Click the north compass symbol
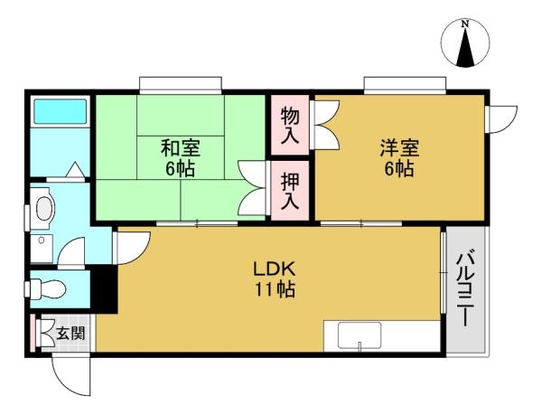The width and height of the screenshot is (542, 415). pyautogui.click(x=465, y=43)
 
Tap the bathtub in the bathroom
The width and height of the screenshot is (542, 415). pyautogui.click(x=61, y=112)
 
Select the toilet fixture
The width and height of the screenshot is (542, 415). pyautogui.click(x=47, y=288)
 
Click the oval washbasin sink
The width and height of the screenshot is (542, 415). pyautogui.click(x=45, y=209)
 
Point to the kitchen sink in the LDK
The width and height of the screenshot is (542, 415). pyautogui.click(x=360, y=335)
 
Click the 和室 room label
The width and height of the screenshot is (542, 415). pyautogui.click(x=180, y=147)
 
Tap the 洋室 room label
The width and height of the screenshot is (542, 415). pyautogui.click(x=399, y=147)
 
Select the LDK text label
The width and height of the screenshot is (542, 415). pyautogui.click(x=274, y=269)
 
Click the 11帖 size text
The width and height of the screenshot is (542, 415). pyautogui.click(x=275, y=289)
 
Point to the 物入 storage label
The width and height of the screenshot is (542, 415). pyautogui.click(x=290, y=125)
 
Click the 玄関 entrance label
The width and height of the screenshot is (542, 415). pyautogui.click(x=70, y=333)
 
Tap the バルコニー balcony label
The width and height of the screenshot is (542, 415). pyautogui.click(x=465, y=288)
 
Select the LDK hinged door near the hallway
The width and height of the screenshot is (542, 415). pyautogui.click(x=133, y=248)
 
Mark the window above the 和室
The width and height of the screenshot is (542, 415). pyautogui.click(x=180, y=85)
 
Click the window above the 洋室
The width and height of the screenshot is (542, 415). pyautogui.click(x=405, y=85)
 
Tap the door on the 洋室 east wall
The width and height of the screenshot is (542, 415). pyautogui.click(x=500, y=119)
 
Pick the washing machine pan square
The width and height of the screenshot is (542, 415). pyautogui.click(x=42, y=249)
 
